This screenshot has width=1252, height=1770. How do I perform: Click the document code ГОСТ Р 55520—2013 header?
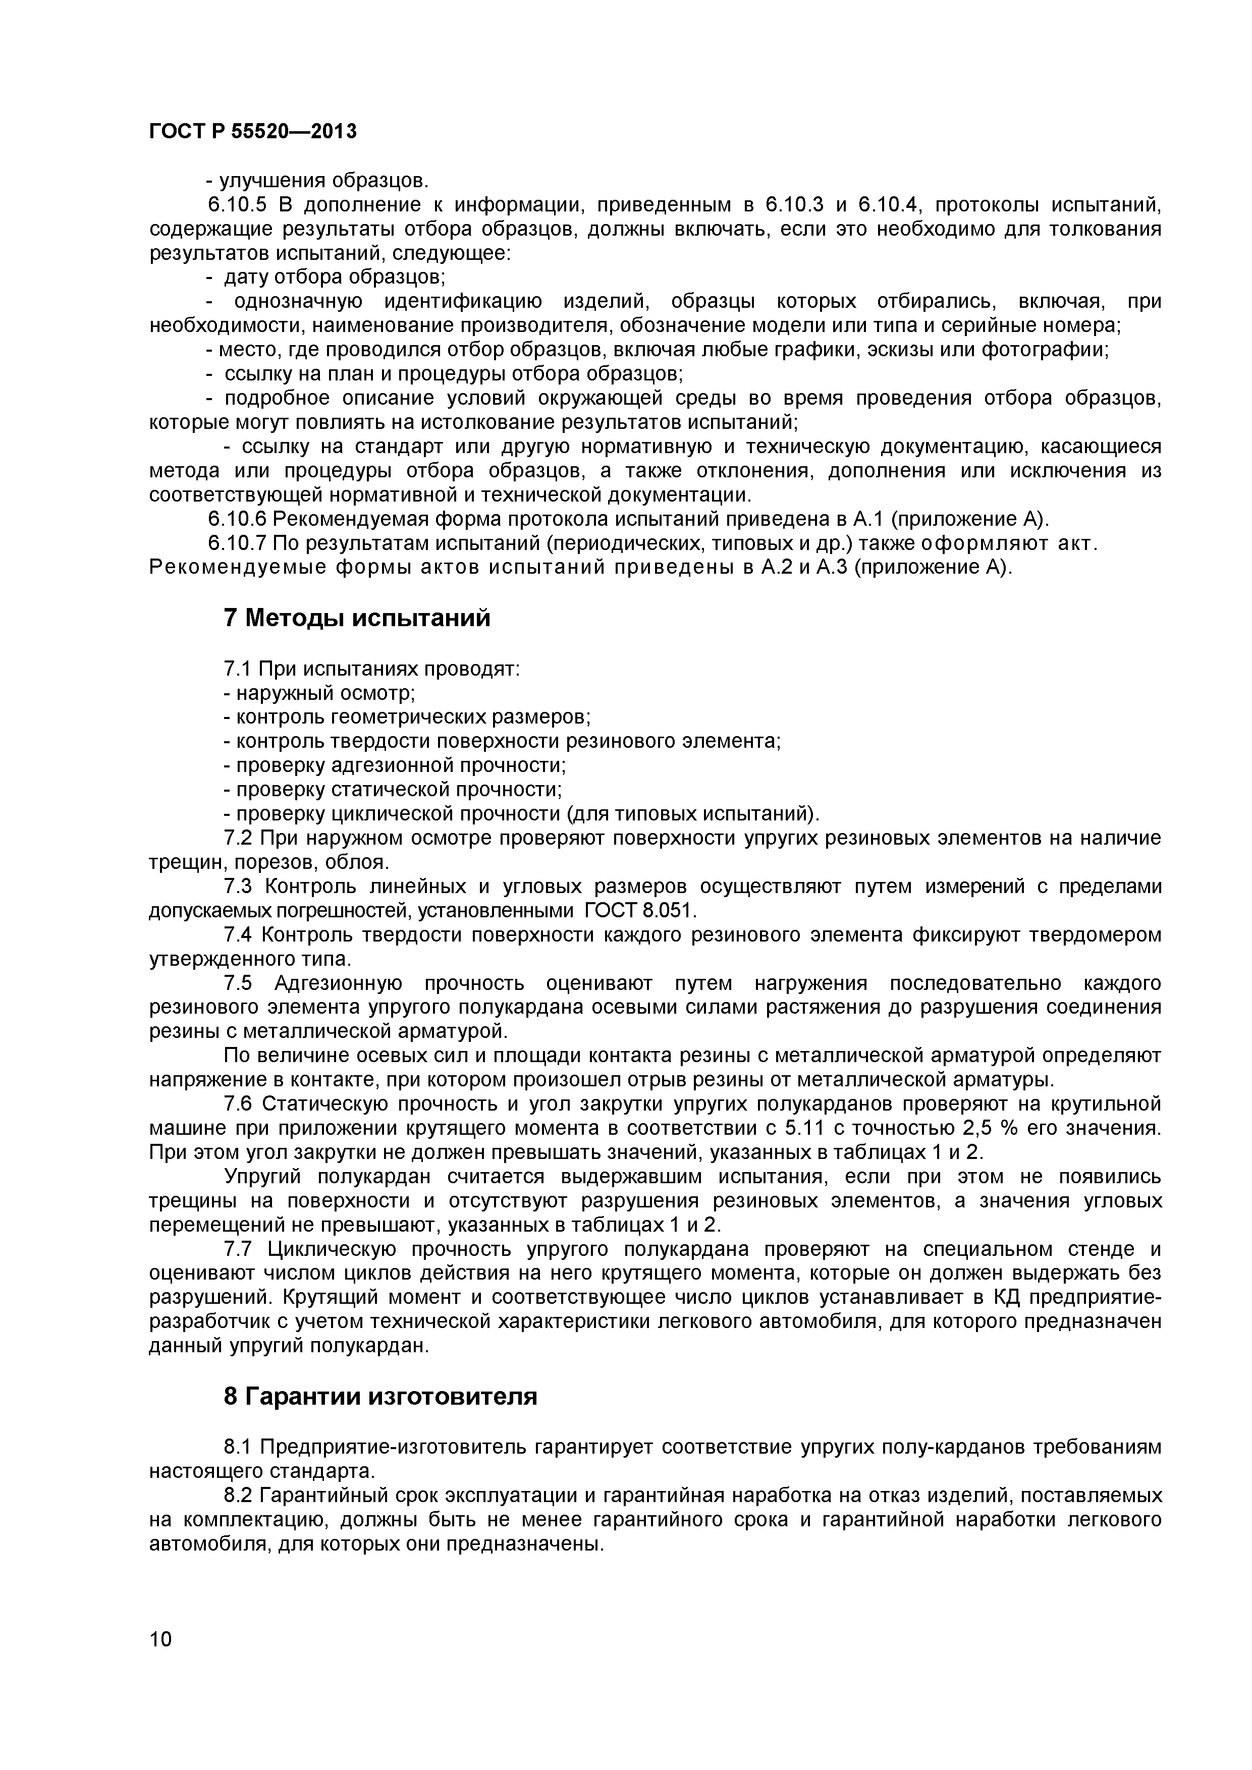click(x=253, y=132)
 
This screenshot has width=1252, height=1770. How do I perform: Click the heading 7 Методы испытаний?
click(x=356, y=618)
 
